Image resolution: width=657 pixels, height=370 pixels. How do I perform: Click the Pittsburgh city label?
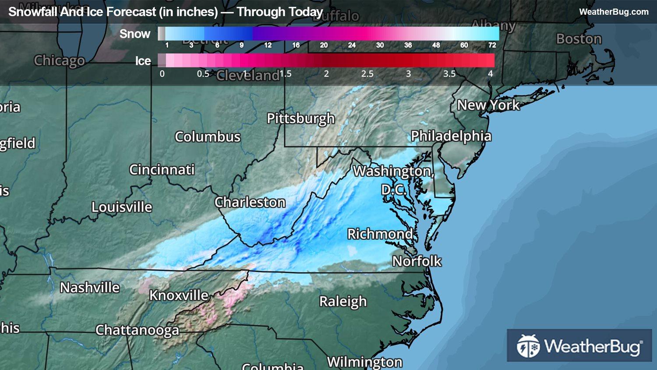coord(300,119)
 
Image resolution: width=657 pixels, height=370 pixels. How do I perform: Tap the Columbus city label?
coord(208,137)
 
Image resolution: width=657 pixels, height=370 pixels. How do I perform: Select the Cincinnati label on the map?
coord(162,170)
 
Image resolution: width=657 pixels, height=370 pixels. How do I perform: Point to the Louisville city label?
coord(122,207)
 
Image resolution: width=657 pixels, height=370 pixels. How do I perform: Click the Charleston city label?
coord(250,202)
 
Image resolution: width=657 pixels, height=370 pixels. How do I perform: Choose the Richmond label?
coord(380,234)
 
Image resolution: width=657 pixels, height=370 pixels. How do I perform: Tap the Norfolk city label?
coord(417,261)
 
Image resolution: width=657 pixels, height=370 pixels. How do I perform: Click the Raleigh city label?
coord(343,302)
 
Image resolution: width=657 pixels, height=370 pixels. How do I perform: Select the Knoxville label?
coord(179,295)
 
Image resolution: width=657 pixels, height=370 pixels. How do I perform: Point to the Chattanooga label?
coord(137,330)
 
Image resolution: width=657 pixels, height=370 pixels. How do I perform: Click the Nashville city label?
coord(90,288)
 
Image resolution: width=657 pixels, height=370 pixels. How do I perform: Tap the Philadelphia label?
coord(451,136)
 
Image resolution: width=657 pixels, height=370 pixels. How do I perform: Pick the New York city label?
coord(488,105)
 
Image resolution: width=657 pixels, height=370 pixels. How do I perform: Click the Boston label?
coord(579,39)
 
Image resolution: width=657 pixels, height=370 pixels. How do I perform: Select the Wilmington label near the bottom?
coord(364,362)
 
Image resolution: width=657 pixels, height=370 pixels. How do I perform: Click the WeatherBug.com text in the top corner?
coord(614,12)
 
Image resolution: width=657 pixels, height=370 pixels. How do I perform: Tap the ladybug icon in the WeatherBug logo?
coord(528,346)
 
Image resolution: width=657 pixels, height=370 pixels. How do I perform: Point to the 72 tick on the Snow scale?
coord(492,45)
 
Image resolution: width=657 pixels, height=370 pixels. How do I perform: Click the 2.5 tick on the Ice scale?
coord(367,74)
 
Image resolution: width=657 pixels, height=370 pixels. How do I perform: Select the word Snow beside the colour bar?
coord(135,34)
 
